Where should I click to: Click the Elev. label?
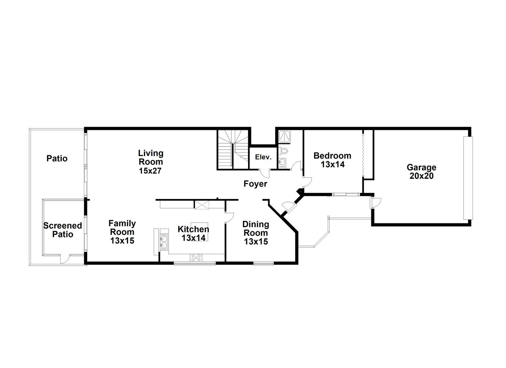(263, 157)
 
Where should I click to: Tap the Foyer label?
(255, 184)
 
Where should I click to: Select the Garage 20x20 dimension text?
(421, 176)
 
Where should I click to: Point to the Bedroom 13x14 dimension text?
(333, 164)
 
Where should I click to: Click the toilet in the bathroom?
(283, 151)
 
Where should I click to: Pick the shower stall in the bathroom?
(284, 137)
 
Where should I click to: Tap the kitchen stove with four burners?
(196, 258)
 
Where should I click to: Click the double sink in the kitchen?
(164, 242)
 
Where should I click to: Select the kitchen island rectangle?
(199, 232)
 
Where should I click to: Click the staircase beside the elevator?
(233, 149)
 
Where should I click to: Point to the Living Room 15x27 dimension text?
(150, 171)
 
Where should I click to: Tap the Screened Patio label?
(63, 230)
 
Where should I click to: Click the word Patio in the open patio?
(57, 159)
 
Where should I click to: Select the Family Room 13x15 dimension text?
(122, 241)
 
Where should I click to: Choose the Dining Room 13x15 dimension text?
(256, 241)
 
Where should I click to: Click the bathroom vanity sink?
(282, 162)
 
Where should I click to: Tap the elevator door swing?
(265, 173)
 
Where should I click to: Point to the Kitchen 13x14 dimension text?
(194, 238)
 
